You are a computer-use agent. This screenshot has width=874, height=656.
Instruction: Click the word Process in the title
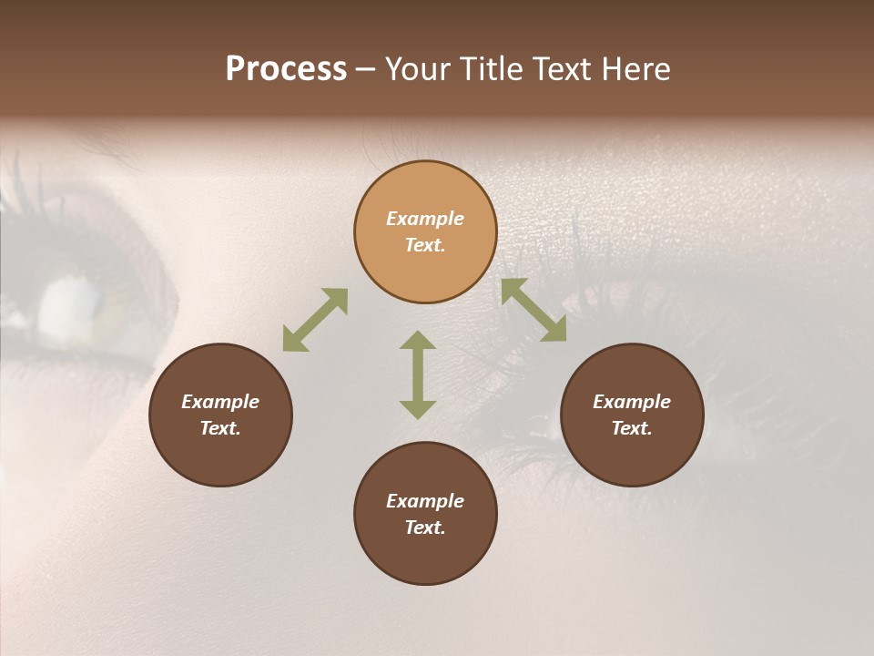[286, 69]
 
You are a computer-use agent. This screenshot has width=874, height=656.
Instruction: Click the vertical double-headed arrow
[418, 374]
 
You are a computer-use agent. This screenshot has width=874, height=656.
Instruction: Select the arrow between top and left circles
[315, 320]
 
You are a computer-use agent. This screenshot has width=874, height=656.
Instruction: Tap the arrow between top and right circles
[534, 310]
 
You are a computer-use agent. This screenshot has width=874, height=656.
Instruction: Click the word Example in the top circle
[425, 219]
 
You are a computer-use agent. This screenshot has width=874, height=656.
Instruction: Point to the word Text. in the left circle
[220, 428]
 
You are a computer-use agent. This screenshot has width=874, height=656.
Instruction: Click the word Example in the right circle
[632, 402]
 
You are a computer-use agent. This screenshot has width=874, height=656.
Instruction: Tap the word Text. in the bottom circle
[425, 528]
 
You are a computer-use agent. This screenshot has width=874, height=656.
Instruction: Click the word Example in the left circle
[220, 402]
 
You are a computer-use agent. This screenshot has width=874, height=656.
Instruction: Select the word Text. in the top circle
[425, 245]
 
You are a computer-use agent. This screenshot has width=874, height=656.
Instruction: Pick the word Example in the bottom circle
[425, 501]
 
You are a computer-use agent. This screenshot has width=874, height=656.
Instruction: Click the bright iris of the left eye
[68, 301]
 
